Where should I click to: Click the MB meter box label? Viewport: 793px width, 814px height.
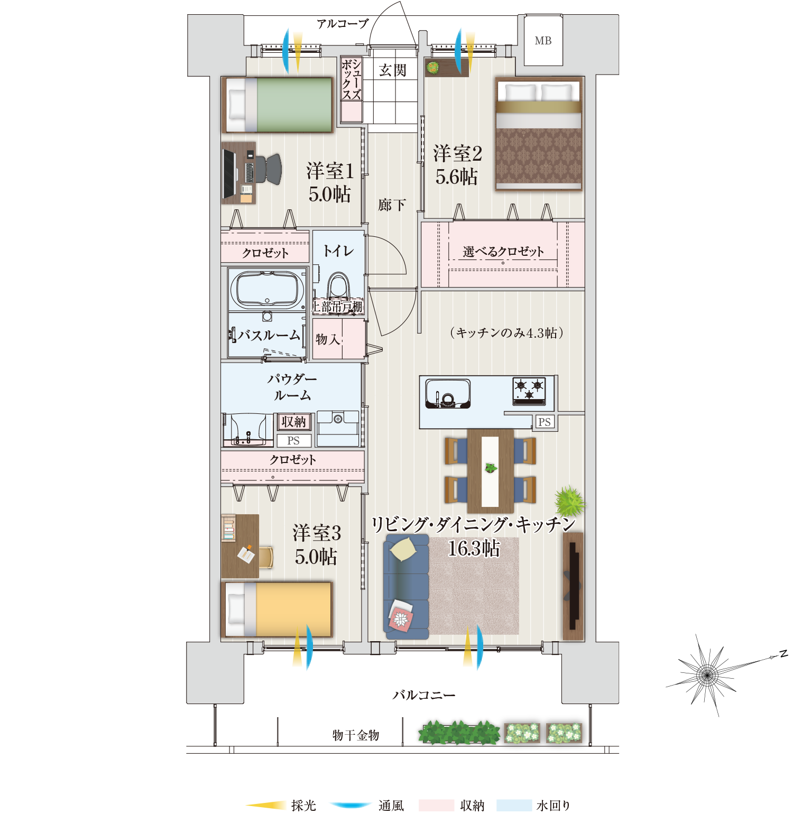coord(543,41)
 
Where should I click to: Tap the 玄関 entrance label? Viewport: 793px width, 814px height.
coord(393,70)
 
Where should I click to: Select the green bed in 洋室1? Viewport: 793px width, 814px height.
coord(278,105)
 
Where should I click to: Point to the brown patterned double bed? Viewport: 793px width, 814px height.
coord(539,134)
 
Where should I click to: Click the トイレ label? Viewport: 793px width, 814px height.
coord(338,251)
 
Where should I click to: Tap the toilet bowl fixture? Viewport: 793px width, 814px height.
coord(338,286)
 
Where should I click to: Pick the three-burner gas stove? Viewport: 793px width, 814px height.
coord(529,391)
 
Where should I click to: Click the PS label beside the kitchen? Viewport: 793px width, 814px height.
coord(545,422)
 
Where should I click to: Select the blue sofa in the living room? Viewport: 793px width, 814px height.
coord(405,586)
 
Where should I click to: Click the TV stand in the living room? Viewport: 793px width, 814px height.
coord(573,586)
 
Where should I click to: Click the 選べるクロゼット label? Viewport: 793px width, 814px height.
coord(503,252)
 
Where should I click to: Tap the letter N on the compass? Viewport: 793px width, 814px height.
coord(783,654)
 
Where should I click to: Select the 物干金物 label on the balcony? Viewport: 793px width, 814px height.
coord(356,735)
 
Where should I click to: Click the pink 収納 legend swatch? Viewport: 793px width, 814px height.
coord(436,805)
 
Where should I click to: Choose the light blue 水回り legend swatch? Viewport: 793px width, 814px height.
coord(514,805)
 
